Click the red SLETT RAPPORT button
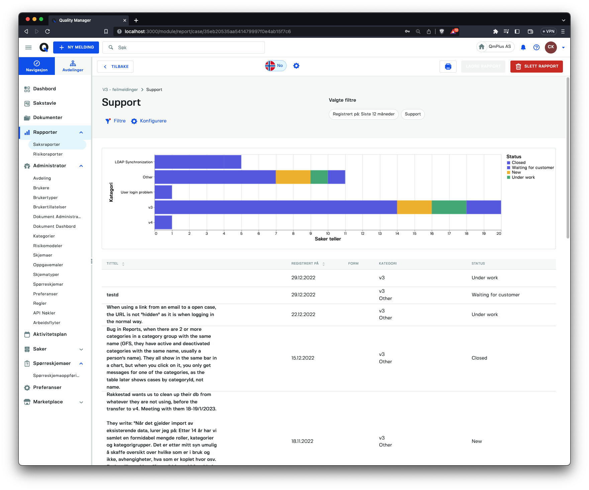(536, 66)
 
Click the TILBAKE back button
(115, 67)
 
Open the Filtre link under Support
(115, 121)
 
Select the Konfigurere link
(149, 121)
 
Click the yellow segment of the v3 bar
(414, 207)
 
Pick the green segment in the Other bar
(319, 177)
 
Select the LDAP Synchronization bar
(198, 162)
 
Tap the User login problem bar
(163, 192)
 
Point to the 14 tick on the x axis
(397, 233)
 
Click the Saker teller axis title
(328, 239)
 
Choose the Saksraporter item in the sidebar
(46, 144)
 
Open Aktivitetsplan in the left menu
(50, 334)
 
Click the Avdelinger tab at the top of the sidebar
(73, 66)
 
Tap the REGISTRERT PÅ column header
(305, 264)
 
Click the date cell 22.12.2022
(303, 314)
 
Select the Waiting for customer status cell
(496, 295)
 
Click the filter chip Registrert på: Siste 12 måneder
(364, 114)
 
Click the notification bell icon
(523, 47)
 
